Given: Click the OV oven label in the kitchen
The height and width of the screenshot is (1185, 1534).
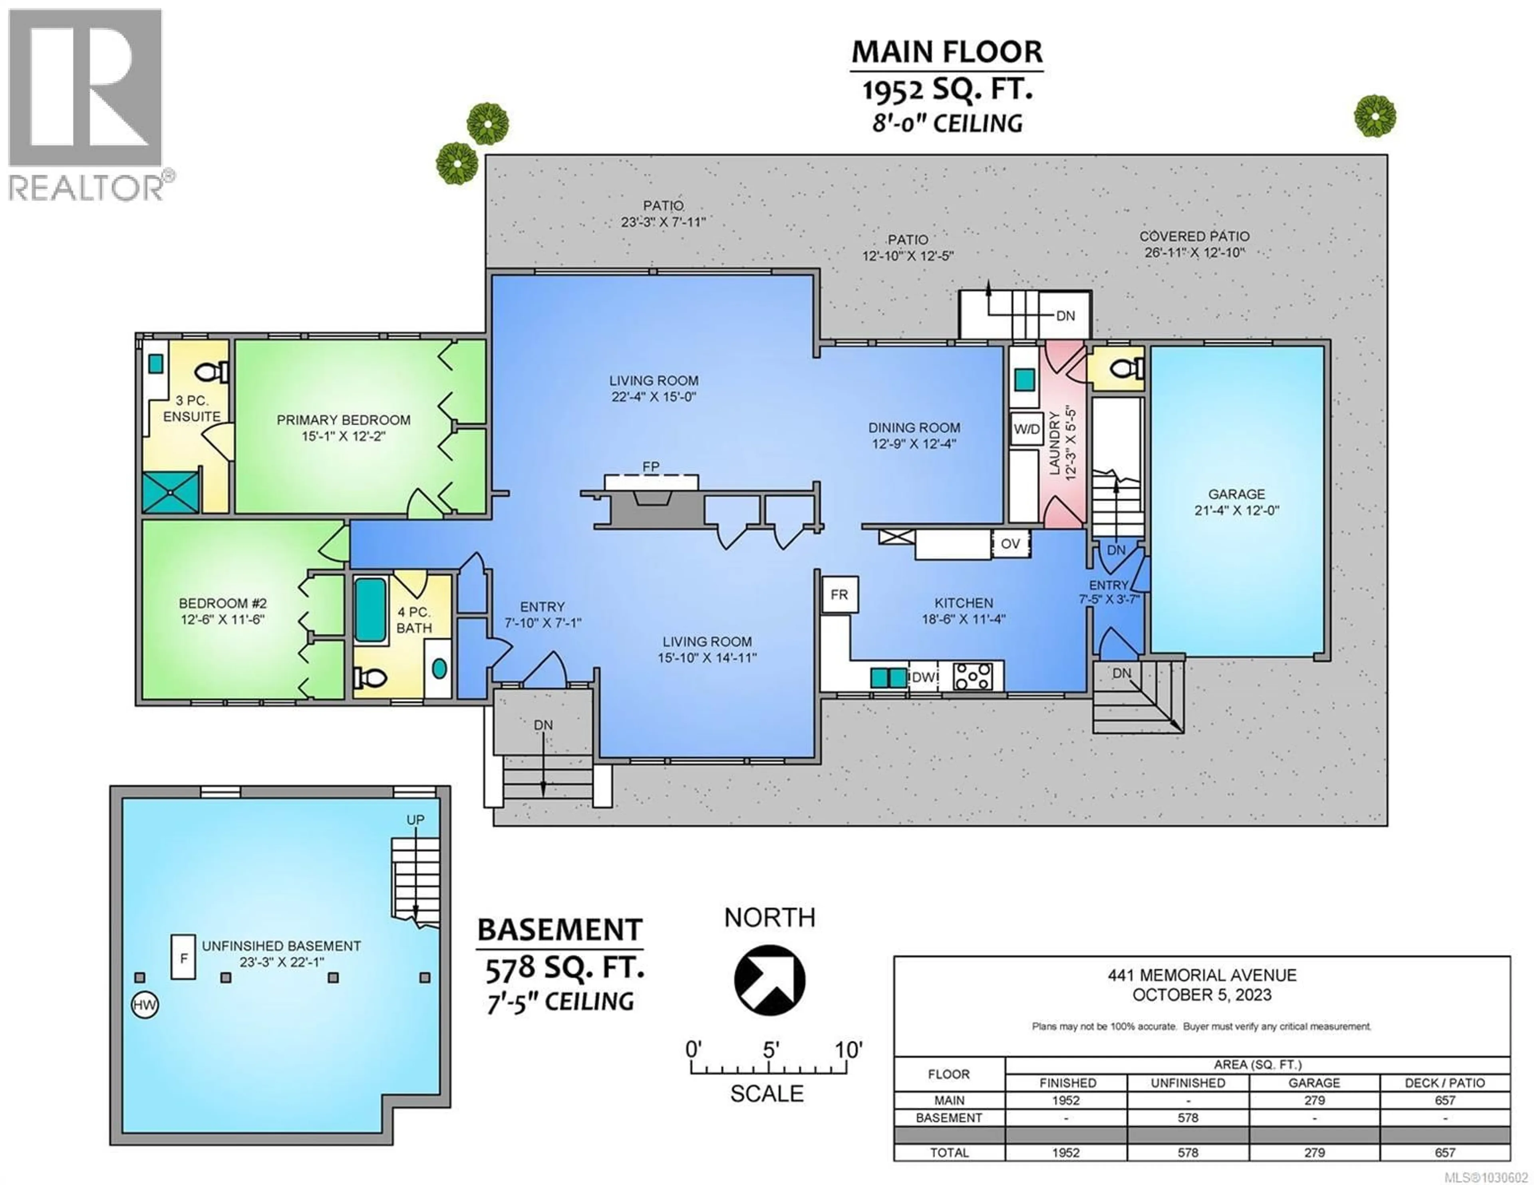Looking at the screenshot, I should tap(1010, 544).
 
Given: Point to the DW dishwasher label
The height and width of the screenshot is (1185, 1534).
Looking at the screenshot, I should tap(924, 677).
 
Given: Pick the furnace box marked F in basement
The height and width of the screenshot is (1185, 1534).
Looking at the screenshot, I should tap(183, 957).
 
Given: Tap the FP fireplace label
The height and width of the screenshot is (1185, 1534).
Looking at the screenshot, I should tap(650, 466).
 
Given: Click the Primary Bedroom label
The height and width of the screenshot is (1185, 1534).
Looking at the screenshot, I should tap(344, 420).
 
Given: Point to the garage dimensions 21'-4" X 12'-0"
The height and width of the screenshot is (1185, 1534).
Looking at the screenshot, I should tap(1236, 511).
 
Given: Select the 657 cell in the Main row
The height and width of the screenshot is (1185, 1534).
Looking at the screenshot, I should tap(1445, 1100).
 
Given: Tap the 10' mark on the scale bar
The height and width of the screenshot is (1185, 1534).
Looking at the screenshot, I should tap(848, 1050).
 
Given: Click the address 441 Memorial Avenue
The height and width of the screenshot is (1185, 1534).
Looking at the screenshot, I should tap(1202, 975).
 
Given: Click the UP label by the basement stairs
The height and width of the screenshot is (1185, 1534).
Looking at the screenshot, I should tap(415, 820).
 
